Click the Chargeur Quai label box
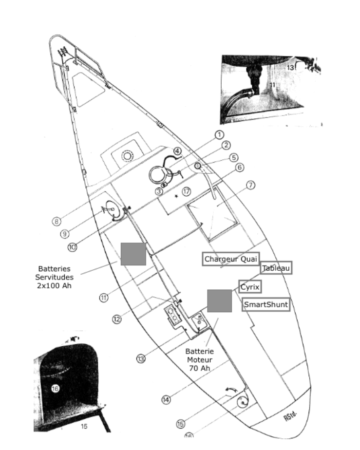[231, 259]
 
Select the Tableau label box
[276, 268]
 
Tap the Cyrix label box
[250, 287]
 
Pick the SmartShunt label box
[266, 304]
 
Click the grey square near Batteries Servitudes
[133, 254]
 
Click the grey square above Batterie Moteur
[219, 301]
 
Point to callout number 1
[219, 134]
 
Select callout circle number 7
[250, 185]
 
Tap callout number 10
[72, 247]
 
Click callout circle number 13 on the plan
[141, 358]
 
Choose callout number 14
[166, 400]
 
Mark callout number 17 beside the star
[186, 191]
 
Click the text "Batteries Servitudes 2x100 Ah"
[54, 277]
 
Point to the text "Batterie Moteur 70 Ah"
[200, 359]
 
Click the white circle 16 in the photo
[55, 389]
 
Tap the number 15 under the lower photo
[84, 427]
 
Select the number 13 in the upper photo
[290, 67]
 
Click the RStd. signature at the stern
[290, 416]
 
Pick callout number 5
[234, 158]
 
